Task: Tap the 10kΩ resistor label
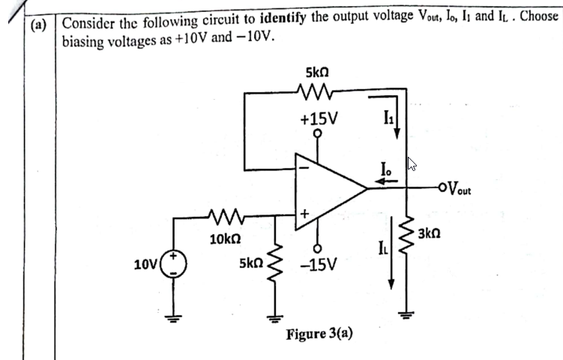point(225,239)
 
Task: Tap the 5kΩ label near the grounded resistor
point(251,264)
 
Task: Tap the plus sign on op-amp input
point(304,214)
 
